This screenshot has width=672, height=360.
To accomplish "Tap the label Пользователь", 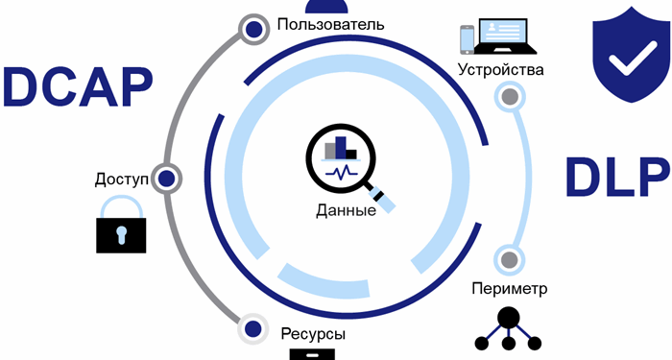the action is (x=330, y=23).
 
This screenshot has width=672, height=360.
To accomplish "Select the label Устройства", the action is (x=501, y=70).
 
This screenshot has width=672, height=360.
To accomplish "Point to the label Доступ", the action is (x=122, y=179).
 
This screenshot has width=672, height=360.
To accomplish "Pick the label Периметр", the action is (x=510, y=288).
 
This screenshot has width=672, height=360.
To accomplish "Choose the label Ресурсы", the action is (x=314, y=334).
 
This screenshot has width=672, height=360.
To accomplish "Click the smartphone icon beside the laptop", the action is (x=468, y=37).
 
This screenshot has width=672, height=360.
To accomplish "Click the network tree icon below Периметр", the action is (x=509, y=328).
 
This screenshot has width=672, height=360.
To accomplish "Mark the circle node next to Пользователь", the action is (x=252, y=30).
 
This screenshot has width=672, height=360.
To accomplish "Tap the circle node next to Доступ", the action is (x=166, y=178).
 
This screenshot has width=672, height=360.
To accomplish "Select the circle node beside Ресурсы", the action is (x=252, y=328).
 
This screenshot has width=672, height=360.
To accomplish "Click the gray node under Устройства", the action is (x=510, y=97).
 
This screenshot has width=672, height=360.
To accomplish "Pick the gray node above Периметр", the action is (x=510, y=259).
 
